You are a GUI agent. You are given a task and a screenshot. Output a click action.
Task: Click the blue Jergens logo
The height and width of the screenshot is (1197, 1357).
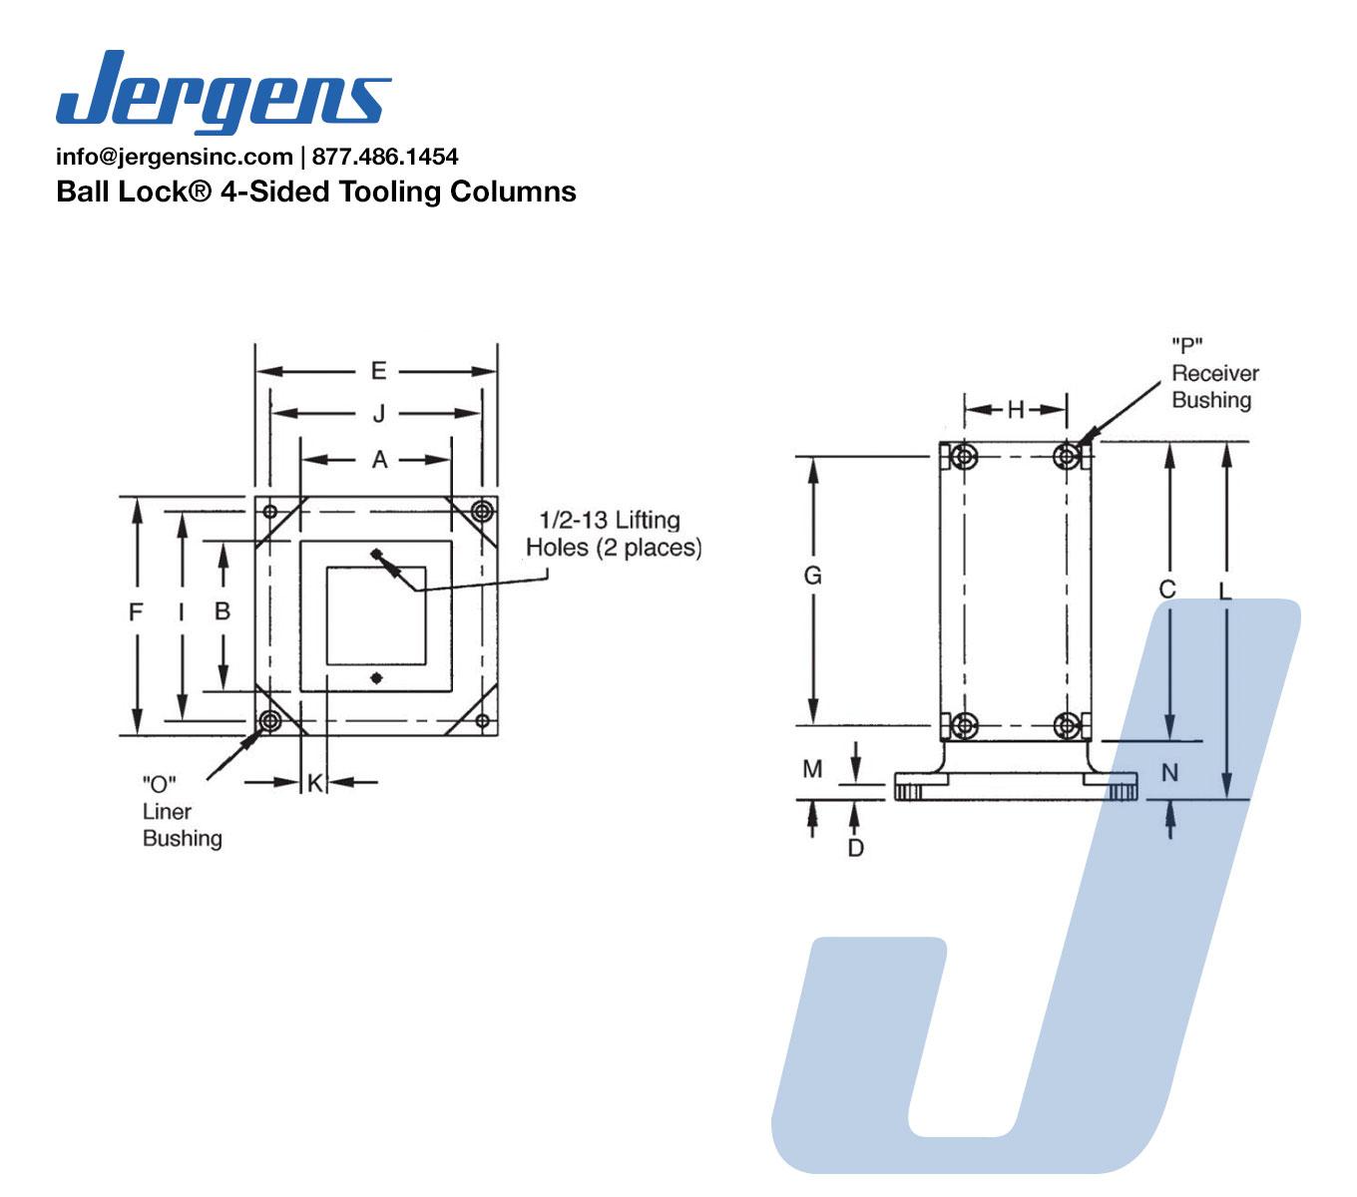tap(224, 91)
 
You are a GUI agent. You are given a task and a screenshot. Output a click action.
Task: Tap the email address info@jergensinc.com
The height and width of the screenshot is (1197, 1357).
tap(174, 157)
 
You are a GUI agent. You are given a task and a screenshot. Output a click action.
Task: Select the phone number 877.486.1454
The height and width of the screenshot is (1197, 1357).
tap(385, 157)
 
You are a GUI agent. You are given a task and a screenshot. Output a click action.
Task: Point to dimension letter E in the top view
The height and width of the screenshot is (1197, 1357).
tap(378, 371)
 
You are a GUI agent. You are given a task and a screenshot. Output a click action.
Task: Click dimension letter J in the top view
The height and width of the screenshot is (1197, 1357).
tap(378, 413)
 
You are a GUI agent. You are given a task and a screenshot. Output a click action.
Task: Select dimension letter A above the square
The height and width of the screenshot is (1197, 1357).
tap(379, 460)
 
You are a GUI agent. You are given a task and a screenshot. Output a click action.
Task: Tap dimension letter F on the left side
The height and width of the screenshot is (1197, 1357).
tap(137, 612)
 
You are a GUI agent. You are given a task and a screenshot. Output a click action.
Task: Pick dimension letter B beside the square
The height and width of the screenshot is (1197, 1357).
tap(223, 610)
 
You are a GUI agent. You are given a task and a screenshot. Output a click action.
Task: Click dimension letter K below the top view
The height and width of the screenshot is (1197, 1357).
tap(314, 783)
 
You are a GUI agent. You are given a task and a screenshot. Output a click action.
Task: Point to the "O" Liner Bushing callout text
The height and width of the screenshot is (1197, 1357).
tap(181, 811)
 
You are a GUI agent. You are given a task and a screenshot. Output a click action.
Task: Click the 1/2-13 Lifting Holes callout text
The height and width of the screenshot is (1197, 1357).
tap(614, 534)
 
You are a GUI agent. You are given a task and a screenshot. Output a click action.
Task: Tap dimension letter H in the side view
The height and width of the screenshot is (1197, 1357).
tap(1016, 409)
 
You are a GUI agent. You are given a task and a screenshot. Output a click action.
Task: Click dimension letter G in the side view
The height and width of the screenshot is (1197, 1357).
tap(813, 576)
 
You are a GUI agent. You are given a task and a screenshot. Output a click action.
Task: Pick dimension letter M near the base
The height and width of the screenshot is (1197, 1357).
tap(813, 769)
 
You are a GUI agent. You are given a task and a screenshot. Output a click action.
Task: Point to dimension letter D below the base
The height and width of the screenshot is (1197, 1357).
tap(855, 848)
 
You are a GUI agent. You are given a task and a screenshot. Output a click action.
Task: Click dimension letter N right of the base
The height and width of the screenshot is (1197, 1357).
tap(1170, 772)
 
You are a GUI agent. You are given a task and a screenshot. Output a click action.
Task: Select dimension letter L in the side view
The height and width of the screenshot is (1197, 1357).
tap(1225, 591)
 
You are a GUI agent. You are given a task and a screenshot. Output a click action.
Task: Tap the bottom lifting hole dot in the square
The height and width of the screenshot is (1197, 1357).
tap(376, 678)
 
